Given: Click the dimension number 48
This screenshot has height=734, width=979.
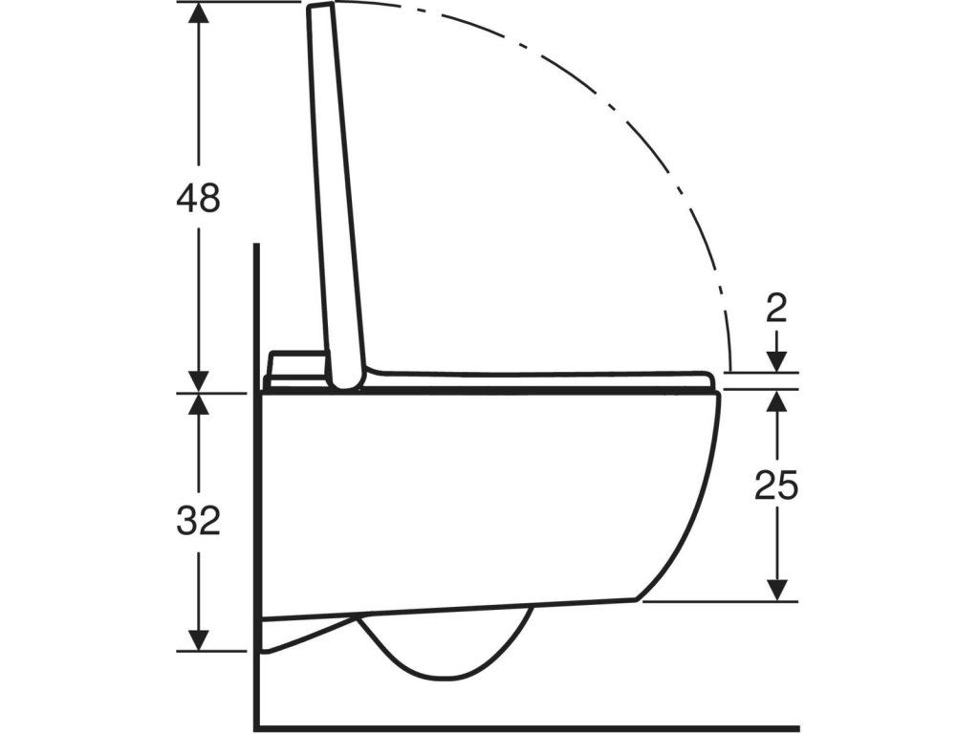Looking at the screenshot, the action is point(198,199).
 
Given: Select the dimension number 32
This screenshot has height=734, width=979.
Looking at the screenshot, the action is point(198,521).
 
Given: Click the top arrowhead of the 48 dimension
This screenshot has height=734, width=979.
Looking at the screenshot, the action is point(199,12).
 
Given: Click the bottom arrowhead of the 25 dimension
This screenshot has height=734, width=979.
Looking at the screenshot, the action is point(776,591).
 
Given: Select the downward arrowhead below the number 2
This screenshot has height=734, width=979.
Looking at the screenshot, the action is point(776,361).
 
